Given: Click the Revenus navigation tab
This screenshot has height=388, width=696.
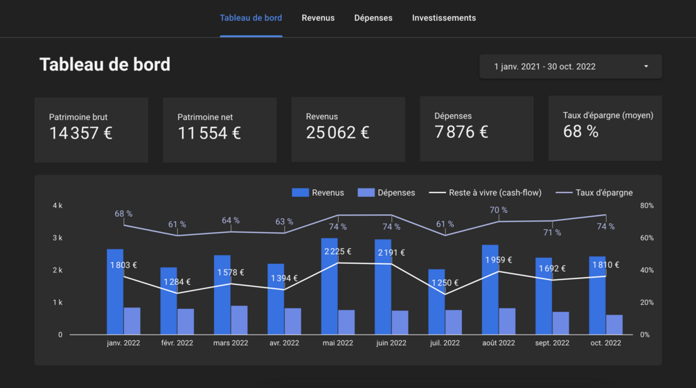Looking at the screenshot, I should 318,18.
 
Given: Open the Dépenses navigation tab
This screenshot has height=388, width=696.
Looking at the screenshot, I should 373,18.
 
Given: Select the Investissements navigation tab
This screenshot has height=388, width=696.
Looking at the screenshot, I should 444,18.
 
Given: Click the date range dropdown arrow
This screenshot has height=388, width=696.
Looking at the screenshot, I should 646,67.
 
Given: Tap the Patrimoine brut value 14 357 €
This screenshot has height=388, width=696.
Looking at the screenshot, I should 81,132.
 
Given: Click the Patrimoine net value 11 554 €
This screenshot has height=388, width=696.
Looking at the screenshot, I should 209,132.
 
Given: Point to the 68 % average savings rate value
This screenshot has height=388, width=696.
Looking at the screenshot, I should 580,131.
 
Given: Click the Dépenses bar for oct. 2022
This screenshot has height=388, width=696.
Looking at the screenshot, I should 614,325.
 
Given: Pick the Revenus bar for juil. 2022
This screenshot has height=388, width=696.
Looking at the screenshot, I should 436,302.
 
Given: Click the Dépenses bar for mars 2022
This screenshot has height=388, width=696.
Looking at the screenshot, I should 240,320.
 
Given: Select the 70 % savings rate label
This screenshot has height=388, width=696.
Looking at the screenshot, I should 499,210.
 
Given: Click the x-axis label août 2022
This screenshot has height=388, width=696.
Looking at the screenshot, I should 499,343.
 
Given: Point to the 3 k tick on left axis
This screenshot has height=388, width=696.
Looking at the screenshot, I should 57,238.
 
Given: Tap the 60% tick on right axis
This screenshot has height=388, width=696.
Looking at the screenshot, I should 646,238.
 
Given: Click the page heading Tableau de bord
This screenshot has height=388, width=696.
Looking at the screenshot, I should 105,64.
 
